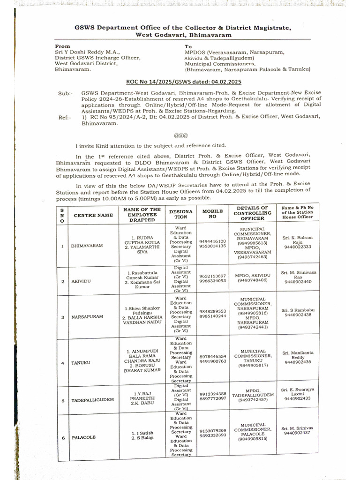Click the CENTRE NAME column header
[93, 215]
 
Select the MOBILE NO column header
[212, 214]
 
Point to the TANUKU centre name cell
[80, 363]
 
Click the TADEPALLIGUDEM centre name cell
[93, 401]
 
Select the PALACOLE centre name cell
[83, 437]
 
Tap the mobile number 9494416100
[212, 241]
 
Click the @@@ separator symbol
[180, 135]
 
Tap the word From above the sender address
[62, 46]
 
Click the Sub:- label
[65, 93]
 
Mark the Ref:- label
[64, 117]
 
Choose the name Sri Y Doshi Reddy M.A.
[87, 52]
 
